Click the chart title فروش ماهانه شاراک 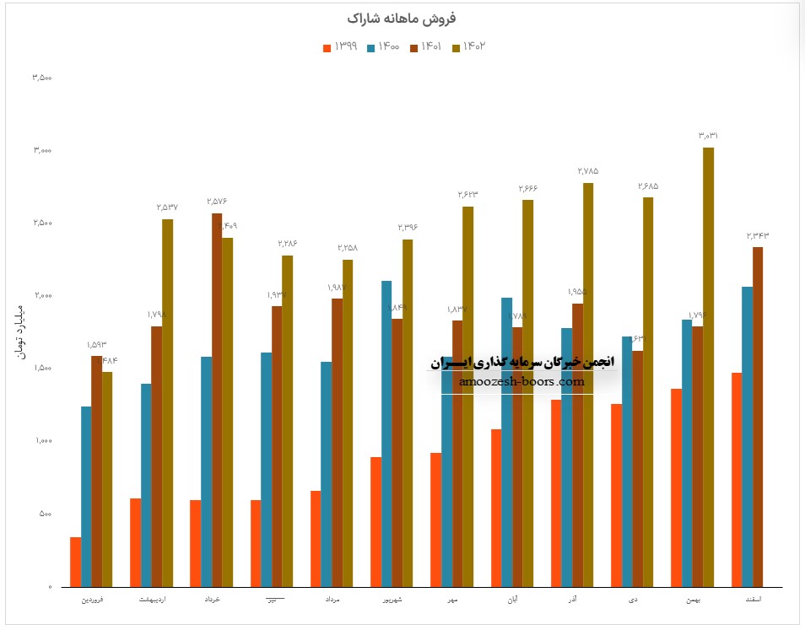pyautogui.click(x=402, y=18)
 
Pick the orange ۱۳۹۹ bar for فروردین pyautogui.click(x=76, y=562)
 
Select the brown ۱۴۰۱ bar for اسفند pyautogui.click(x=758, y=417)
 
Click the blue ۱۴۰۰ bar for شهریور pyautogui.click(x=386, y=433)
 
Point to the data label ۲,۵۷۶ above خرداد pyautogui.click(x=217, y=202)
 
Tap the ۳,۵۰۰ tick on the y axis pyautogui.click(x=42, y=78)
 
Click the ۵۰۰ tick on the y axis pyautogui.click(x=45, y=514)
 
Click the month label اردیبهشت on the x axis pyautogui.click(x=152, y=600)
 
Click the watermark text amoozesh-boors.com pyautogui.click(x=522, y=381)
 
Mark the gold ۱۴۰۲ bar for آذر pyautogui.click(x=588, y=385)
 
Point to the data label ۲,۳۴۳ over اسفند pyautogui.click(x=758, y=235)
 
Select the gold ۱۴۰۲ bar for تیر pyautogui.click(x=288, y=421)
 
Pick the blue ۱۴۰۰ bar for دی pyautogui.click(x=626, y=461)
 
